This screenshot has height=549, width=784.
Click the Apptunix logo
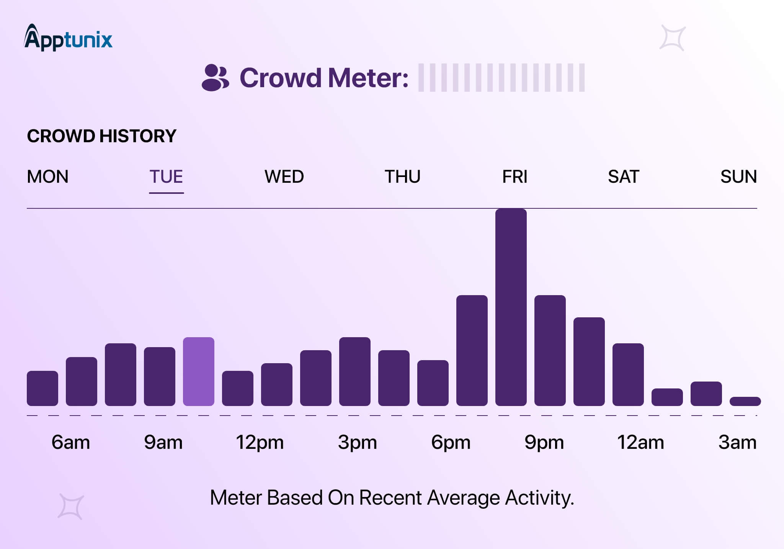coord(68,38)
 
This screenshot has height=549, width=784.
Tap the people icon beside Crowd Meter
coord(215,78)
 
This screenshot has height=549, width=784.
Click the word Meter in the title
coord(368,78)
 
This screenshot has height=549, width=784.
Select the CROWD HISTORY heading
coord(101,136)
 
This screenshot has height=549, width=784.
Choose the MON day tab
coord(47,177)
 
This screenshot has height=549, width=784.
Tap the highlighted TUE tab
coord(166,177)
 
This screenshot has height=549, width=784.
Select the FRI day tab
coord(514,177)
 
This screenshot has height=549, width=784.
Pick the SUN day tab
coord(738,177)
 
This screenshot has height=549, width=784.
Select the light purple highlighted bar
coord(198,371)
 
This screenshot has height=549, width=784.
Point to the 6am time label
coord(71,442)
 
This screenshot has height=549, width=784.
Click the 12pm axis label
coord(260,442)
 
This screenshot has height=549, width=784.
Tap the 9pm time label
coord(544,442)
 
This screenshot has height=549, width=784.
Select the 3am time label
coord(737,442)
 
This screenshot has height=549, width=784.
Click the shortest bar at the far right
coord(745,401)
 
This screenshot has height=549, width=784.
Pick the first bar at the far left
coord(42,388)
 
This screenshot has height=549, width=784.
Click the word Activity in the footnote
coord(539,498)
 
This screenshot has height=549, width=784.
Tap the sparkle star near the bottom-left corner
coord(70,507)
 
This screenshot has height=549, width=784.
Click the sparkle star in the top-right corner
coord(672,38)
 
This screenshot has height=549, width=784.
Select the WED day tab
coord(284,177)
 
